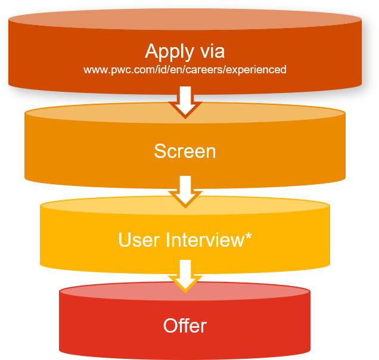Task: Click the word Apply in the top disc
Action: [x=166, y=52]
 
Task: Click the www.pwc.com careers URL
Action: [x=185, y=70]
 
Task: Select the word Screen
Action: [x=185, y=151]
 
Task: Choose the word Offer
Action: [x=185, y=326]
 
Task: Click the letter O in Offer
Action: [x=170, y=326]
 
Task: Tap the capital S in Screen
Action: [x=160, y=151]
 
